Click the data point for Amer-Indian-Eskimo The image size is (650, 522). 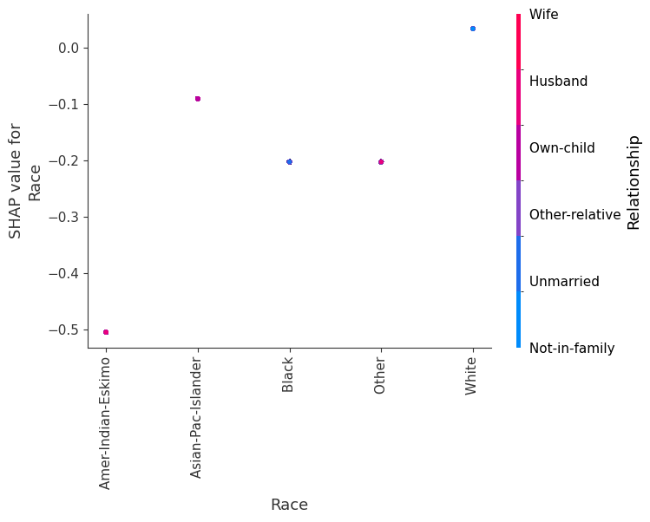106,332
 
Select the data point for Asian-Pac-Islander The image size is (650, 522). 198,99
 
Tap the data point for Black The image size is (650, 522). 289,162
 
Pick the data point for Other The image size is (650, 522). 380,162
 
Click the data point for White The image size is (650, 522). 472,29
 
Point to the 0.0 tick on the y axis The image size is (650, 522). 68,49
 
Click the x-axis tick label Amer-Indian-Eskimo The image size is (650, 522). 106,422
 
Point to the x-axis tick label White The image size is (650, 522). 471,375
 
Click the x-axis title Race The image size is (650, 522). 289,505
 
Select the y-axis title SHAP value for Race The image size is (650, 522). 25,180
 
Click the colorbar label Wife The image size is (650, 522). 543,15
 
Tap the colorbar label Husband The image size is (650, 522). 558,82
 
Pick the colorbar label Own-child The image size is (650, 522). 561,148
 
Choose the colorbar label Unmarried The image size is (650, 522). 564,282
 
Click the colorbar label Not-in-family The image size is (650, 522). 571,349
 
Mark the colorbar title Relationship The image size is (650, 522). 634,181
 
